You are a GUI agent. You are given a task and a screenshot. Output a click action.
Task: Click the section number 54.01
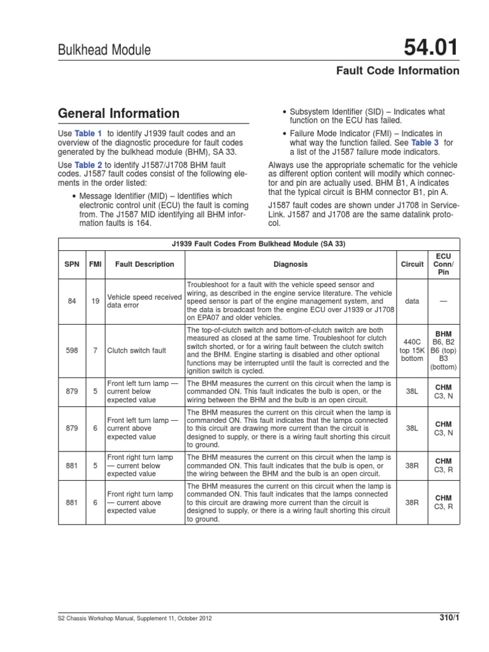point(429,47)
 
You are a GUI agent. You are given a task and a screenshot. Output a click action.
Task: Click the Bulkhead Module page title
point(104,50)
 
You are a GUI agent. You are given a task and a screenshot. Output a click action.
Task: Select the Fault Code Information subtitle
point(397,71)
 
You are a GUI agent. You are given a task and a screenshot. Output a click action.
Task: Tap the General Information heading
point(119,114)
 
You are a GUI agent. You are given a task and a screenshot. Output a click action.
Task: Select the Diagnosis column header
point(290,264)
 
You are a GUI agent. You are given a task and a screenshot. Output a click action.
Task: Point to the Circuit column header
point(412,264)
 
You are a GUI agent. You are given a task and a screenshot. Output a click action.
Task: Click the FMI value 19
point(95,301)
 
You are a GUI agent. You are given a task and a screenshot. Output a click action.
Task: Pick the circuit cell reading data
point(412,301)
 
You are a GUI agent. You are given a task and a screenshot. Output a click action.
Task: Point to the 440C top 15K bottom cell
point(412,350)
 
